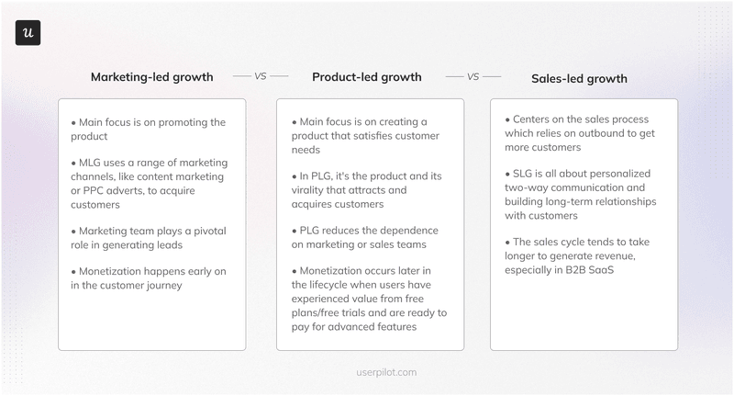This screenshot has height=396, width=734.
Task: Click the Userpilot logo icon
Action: [28, 33]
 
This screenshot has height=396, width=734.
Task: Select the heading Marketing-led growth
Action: [151, 77]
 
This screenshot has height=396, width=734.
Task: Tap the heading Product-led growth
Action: [367, 77]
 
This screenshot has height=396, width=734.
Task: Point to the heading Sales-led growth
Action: [580, 78]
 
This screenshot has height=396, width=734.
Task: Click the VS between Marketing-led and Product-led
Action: [261, 77]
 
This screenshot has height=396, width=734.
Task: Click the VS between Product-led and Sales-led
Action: [473, 77]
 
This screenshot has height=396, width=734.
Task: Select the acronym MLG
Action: [93, 163]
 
